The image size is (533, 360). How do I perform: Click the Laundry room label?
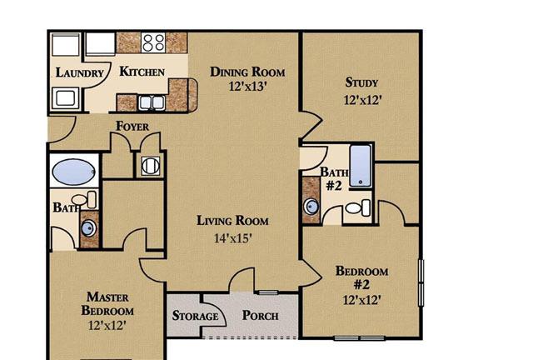click(80, 72)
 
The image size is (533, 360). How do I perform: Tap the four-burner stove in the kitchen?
click(153, 42)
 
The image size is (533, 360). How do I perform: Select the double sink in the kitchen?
click(152, 102)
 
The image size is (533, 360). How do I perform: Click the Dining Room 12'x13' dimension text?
click(247, 87)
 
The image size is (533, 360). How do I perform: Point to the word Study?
click(361, 82)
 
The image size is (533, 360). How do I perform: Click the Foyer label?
click(132, 126)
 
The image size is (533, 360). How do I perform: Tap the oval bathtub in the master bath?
click(73, 172)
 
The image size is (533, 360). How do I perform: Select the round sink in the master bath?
click(87, 227)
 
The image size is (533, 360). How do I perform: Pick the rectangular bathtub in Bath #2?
click(361, 166)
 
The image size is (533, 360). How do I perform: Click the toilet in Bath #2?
click(358, 207)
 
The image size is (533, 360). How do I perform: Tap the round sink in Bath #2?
click(311, 206)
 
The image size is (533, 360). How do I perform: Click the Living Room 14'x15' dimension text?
click(233, 238)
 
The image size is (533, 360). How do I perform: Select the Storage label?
click(195, 316)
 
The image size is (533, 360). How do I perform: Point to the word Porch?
click(260, 316)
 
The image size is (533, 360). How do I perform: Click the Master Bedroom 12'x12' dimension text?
click(107, 326)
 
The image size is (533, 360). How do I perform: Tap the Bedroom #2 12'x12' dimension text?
click(361, 300)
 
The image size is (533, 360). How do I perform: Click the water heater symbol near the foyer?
click(150, 166)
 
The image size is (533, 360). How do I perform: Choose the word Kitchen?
click(142, 72)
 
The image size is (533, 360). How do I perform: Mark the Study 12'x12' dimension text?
click(363, 100)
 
